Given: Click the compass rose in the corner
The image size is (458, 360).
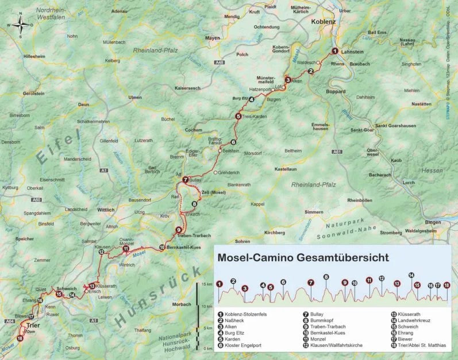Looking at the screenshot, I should point(20,25).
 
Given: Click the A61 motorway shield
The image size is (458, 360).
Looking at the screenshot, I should point(337,152).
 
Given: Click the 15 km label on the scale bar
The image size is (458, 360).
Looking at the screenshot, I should point(207,284).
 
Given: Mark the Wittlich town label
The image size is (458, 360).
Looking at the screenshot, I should point(106,210).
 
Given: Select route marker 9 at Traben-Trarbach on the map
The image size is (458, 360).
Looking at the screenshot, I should point(179,230).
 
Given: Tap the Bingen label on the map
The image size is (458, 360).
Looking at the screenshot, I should point(432,222).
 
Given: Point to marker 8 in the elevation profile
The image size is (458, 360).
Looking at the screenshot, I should point(326,277).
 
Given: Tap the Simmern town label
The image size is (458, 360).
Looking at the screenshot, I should point(313,212).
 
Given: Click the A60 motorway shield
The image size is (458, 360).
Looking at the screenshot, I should point(37,199).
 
